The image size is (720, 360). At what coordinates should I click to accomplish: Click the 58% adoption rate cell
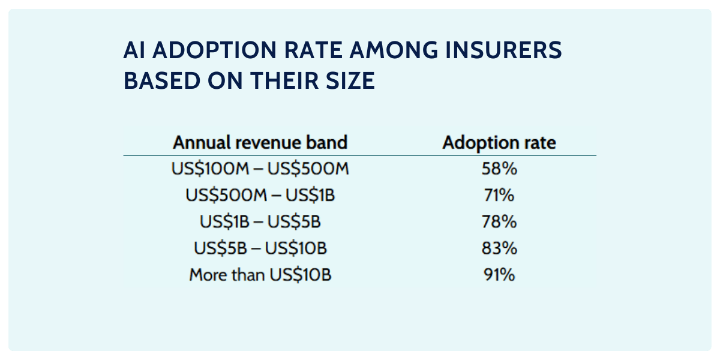pos(499,169)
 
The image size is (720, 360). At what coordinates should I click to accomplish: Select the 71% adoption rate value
pos(499,196)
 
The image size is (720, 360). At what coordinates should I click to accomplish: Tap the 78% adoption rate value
pos(499,222)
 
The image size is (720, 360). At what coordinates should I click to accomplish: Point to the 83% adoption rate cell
pos(499,248)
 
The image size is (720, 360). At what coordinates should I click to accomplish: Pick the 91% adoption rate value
pos(499,275)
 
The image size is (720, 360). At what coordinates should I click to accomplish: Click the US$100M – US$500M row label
pos(260,169)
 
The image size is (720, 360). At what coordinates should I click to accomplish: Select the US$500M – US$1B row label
pos(260,196)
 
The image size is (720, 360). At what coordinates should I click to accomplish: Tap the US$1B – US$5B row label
pos(260,222)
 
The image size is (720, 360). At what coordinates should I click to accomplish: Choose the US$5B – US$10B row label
pos(260,248)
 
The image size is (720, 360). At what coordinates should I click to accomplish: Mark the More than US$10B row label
pos(260,275)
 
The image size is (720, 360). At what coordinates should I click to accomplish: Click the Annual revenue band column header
pos(260,143)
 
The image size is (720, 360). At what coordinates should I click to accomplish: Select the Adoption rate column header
pos(499,143)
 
